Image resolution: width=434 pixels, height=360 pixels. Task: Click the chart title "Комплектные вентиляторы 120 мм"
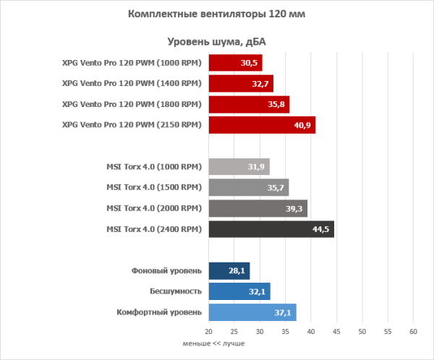[x=215, y=14]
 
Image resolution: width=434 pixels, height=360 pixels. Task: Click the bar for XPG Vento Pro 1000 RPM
[x=235, y=63]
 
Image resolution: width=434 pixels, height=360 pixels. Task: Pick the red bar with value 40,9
[x=262, y=125]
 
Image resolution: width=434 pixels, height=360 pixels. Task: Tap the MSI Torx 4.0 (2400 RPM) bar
[x=271, y=230]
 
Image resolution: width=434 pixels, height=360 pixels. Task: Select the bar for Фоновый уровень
[x=229, y=271]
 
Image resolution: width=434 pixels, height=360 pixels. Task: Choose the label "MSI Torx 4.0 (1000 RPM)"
[x=153, y=168]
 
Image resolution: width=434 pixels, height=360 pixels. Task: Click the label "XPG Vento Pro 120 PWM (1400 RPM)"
[x=132, y=84]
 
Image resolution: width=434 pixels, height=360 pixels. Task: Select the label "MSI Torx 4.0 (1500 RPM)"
[x=153, y=189]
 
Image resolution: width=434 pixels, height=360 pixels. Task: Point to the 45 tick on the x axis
[x=336, y=332]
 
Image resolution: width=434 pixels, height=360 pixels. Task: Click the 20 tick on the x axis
[x=208, y=332]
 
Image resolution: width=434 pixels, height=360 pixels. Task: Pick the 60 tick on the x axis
[x=413, y=332]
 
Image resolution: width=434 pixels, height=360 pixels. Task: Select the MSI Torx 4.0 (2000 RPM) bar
[x=258, y=209]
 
